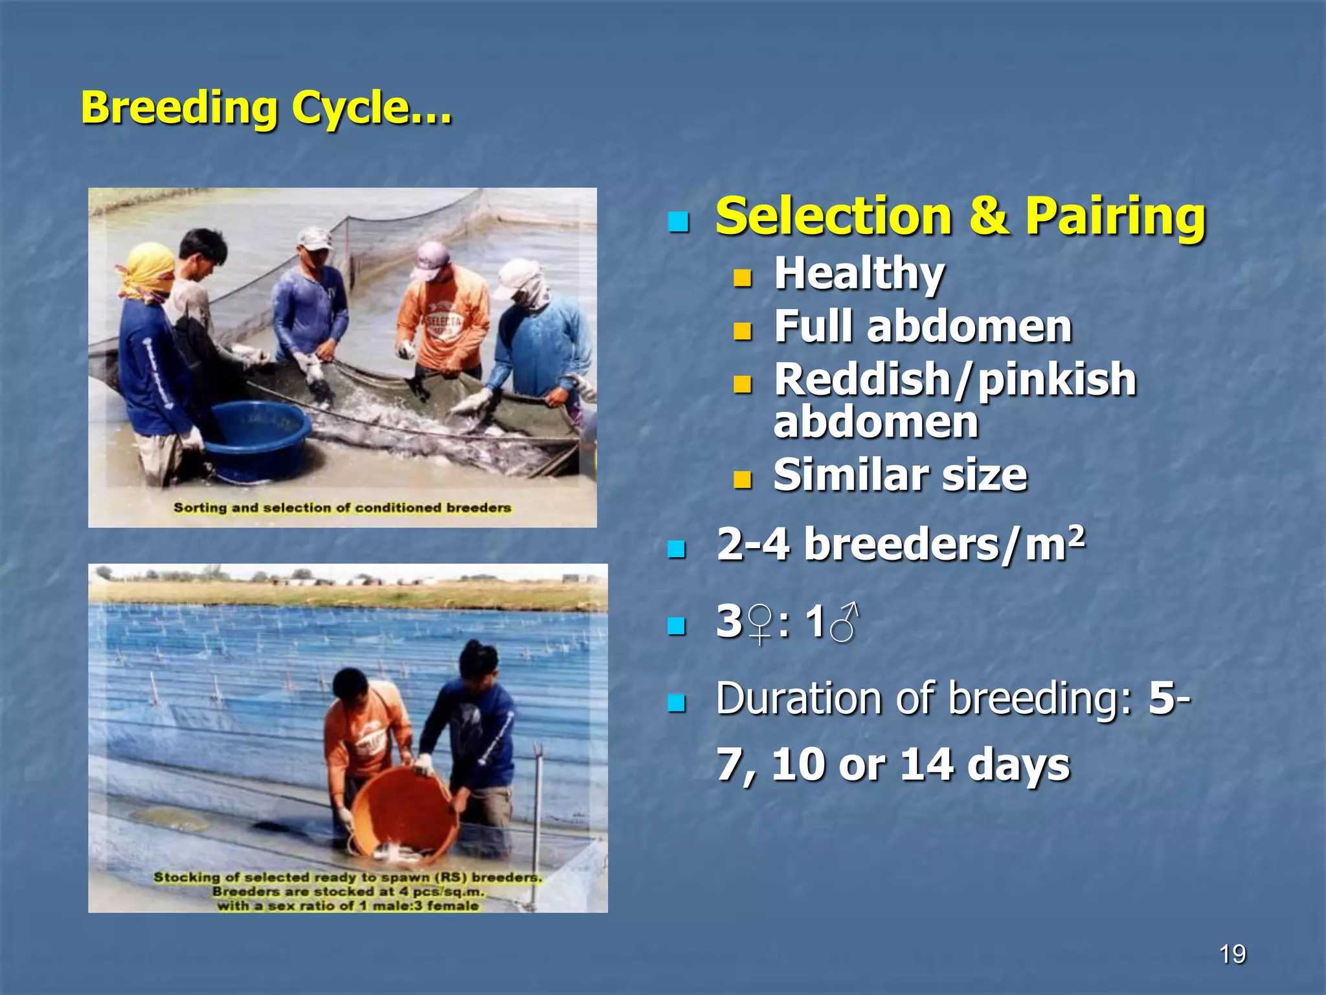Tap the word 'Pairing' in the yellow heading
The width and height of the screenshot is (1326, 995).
(1115, 216)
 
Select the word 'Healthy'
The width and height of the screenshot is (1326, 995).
(859, 273)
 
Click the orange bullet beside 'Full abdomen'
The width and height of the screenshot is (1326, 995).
(742, 332)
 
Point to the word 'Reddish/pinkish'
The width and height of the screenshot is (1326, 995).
(955, 379)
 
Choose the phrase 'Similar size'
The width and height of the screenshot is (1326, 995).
(900, 475)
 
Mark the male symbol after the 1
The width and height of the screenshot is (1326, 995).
(844, 623)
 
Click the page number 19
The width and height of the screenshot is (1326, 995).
(1232, 954)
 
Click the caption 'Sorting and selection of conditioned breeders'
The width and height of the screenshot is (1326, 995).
(342, 508)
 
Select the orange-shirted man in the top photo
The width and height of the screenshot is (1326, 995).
(444, 317)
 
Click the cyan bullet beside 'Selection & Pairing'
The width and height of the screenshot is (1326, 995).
(678, 223)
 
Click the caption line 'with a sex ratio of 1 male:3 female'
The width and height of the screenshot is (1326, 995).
(348, 906)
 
